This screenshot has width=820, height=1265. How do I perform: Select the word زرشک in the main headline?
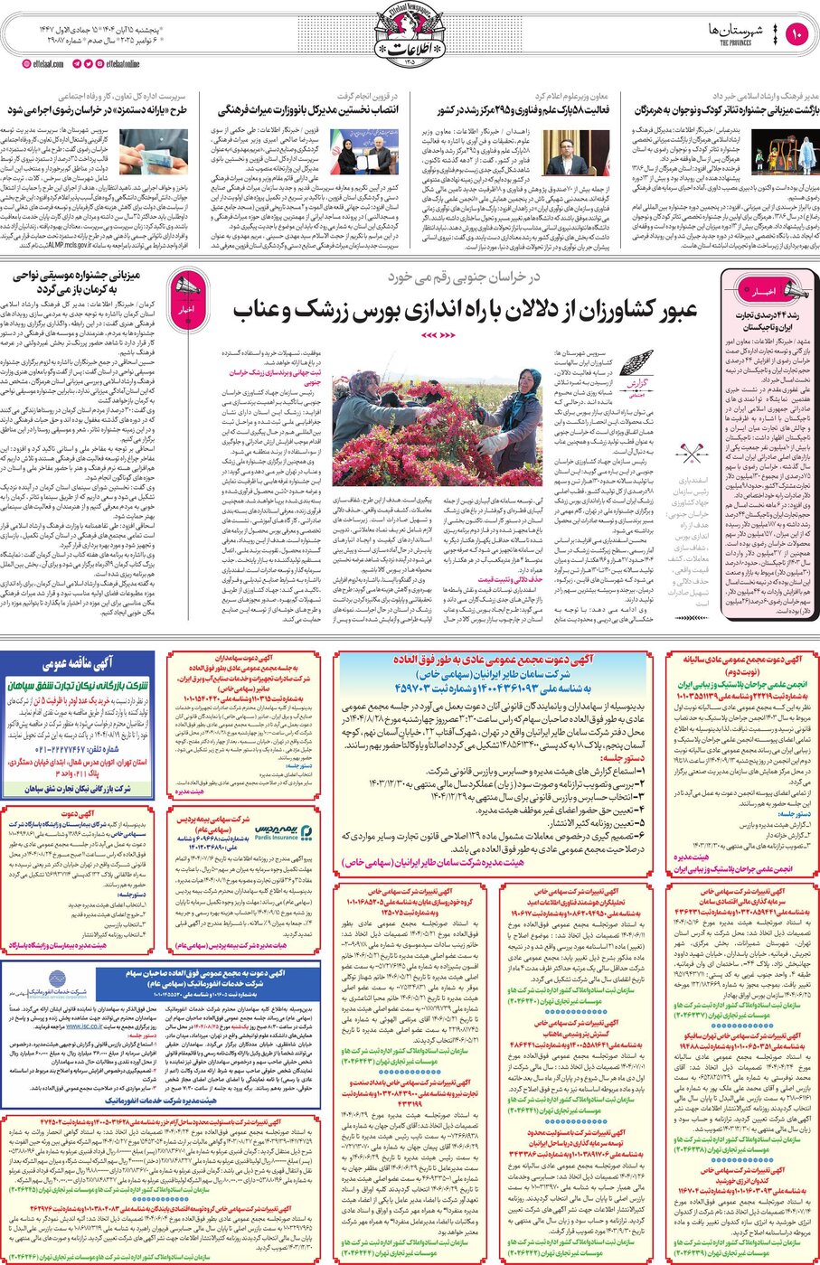[320, 310]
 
